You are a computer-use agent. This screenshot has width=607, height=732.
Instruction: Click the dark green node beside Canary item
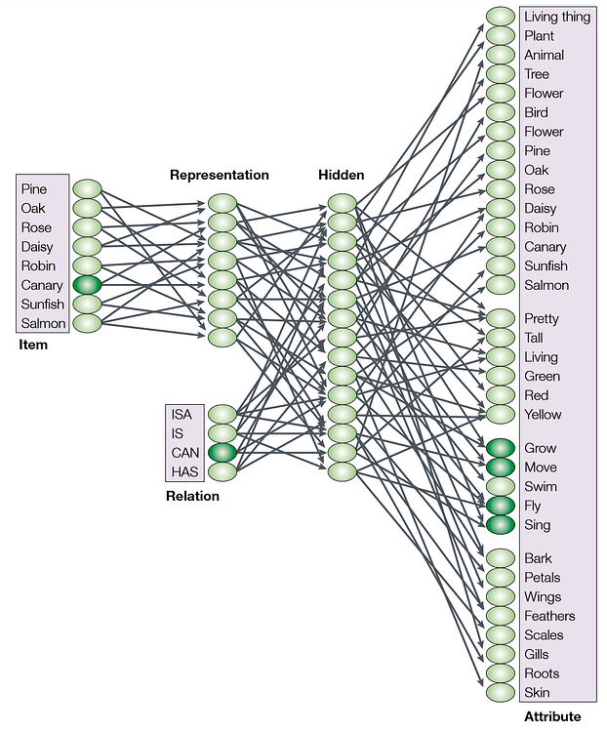87,285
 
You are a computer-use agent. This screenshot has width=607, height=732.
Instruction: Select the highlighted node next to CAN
223,453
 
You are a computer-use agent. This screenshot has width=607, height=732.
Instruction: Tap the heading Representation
220,176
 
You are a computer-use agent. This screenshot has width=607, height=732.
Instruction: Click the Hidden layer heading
341,176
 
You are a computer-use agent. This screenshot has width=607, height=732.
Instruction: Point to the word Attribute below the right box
552,716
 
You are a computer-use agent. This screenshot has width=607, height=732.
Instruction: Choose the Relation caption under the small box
192,496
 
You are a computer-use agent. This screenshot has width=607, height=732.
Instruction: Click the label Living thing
557,17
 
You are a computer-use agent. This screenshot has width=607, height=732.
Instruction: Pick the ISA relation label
182,414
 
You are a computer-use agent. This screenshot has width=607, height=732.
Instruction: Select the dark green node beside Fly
501,506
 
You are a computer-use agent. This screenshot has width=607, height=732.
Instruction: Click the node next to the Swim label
501,486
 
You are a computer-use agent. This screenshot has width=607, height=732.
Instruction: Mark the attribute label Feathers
549,616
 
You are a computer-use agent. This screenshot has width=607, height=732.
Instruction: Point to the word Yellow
543,414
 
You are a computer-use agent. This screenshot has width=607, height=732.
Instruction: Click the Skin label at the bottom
537,693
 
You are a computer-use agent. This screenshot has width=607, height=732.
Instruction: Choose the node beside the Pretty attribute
501,318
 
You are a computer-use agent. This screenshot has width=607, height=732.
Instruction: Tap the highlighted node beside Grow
501,448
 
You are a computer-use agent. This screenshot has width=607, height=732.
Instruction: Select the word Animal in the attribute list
544,55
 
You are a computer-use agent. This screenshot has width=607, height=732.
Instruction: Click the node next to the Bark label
501,558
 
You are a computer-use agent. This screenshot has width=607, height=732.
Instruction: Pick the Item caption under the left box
32,345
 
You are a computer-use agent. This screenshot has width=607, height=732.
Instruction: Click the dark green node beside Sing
501,524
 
